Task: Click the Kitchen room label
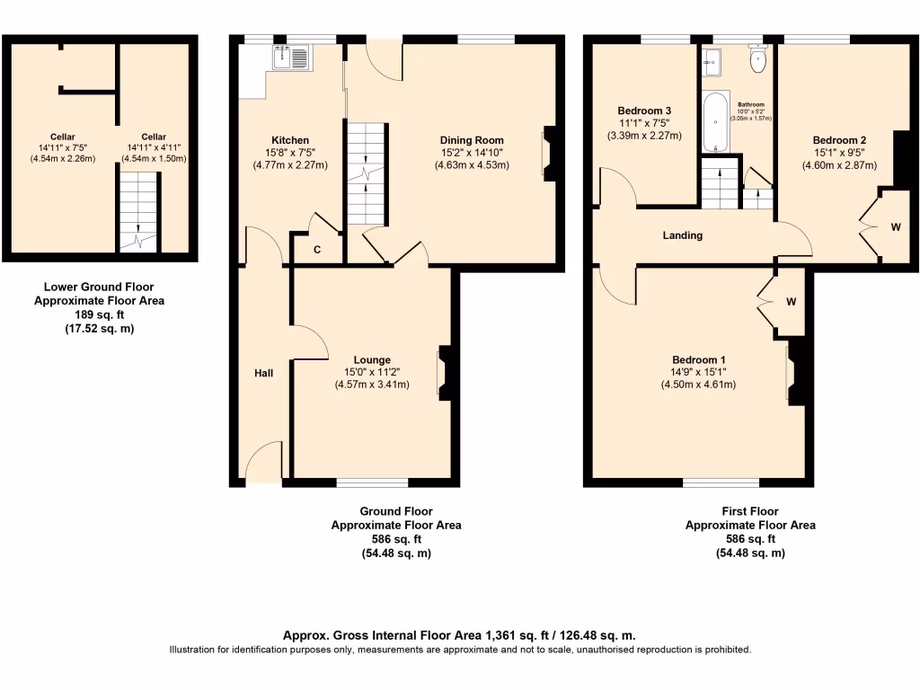point(290,140)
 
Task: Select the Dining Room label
point(472,140)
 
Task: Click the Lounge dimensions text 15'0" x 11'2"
point(372,373)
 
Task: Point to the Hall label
point(263,373)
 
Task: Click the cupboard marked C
point(317,250)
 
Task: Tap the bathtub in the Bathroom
point(714,121)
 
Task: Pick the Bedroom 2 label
point(839,140)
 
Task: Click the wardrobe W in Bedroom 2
point(895,227)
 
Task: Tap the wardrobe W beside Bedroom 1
point(792,302)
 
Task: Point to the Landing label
point(682,235)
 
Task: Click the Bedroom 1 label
point(698,359)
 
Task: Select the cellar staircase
point(137,214)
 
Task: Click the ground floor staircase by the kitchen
point(367,175)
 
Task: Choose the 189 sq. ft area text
point(99,315)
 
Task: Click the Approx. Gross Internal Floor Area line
point(459,635)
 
